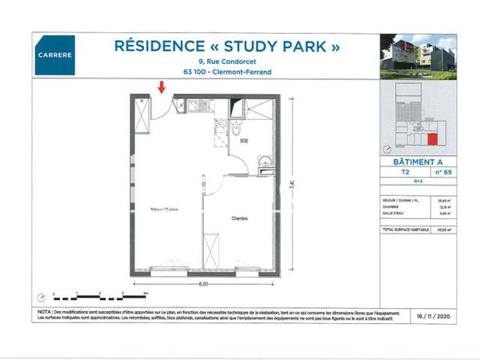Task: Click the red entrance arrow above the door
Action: [163, 86]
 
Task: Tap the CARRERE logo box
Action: [55, 57]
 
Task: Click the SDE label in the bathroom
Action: [243, 140]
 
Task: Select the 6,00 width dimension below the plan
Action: [203, 284]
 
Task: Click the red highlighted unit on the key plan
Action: [432, 140]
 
